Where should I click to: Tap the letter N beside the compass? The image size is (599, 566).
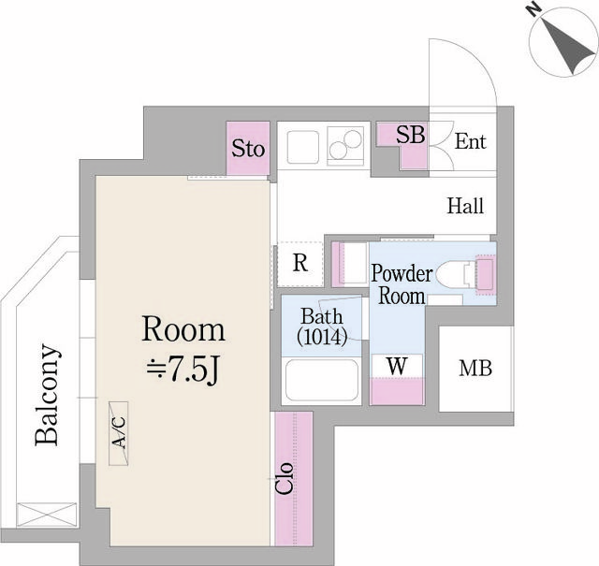pos(535,9)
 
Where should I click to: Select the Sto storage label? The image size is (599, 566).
pos(248,149)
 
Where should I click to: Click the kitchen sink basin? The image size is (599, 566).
pos(303,147)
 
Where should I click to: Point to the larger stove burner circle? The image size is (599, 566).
pos(352,138)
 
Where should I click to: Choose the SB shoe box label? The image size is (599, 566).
pos(410,135)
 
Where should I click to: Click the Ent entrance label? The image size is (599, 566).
pos(470,141)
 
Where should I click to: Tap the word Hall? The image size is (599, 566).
pos(466,206)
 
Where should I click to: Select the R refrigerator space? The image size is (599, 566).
pos(300,264)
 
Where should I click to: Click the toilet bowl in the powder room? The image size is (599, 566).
pos(451,273)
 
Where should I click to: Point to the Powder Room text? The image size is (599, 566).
pos(402,284)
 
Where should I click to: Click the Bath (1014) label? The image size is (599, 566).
pos(322,327)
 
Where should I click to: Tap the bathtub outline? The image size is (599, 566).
pos(322,380)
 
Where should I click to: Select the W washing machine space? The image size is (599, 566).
pos(397,366)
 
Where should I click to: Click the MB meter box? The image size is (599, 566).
pos(475,369)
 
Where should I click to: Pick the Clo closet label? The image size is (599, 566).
pos(285,479)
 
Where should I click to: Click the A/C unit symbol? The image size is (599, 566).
pos(119,433)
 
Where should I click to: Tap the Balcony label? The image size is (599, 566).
pos(48,395)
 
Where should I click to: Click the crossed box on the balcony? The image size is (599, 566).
pos(47,515)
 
